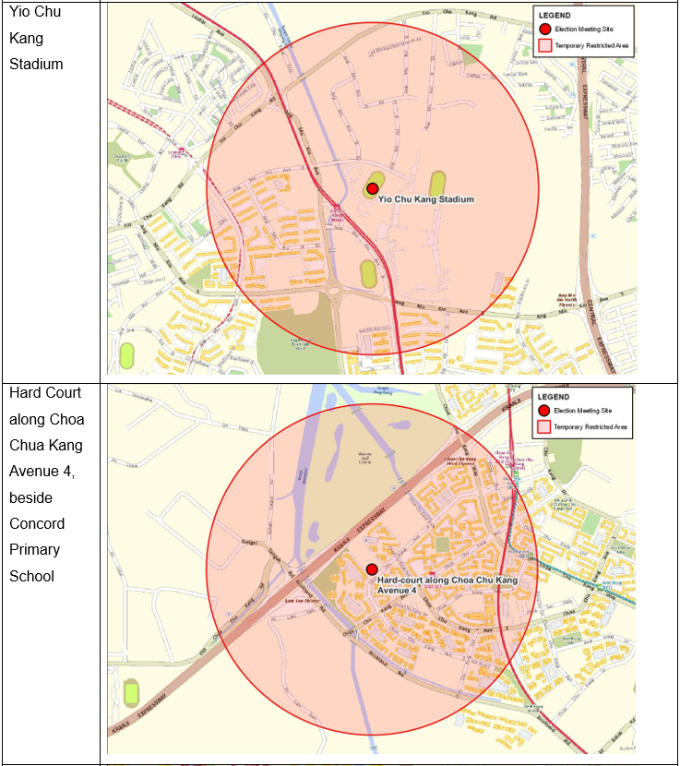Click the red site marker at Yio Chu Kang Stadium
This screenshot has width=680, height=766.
372,188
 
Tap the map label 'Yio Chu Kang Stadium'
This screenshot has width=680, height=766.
426,199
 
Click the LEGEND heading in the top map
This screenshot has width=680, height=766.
554,16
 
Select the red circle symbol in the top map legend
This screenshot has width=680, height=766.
544,30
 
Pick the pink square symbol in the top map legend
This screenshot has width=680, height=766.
544,44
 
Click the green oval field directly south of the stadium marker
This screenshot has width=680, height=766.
368,274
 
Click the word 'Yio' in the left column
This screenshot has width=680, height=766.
20,12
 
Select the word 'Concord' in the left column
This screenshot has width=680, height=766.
37,523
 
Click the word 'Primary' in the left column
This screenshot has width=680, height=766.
35,549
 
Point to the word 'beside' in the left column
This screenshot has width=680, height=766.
32,497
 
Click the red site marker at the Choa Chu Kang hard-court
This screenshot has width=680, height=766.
371,569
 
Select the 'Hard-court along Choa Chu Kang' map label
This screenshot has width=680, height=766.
447,580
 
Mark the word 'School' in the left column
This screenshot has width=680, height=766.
32,576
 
